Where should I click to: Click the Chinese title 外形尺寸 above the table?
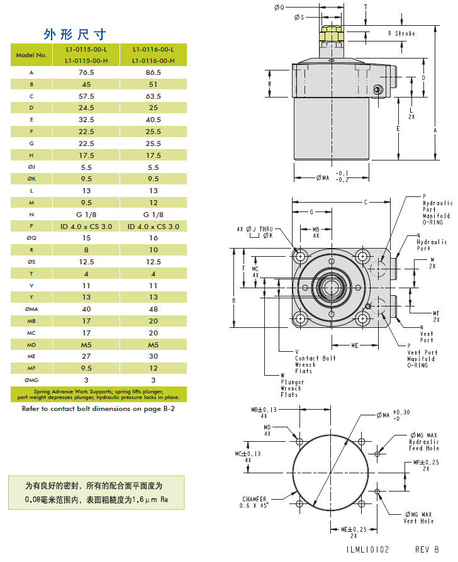(x=74, y=33)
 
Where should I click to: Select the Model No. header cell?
(x=31, y=55)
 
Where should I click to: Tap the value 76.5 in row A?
(x=86, y=72)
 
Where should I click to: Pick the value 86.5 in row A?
(x=153, y=72)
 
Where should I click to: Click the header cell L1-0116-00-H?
(x=153, y=60)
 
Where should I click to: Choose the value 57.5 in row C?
(x=86, y=96)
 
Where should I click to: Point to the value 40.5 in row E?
(x=153, y=120)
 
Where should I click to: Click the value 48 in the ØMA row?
(x=153, y=308)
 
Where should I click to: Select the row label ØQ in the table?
(x=31, y=238)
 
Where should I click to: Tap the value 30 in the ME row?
(x=153, y=356)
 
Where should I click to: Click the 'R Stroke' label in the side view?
(x=401, y=33)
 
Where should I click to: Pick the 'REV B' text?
(x=426, y=549)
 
